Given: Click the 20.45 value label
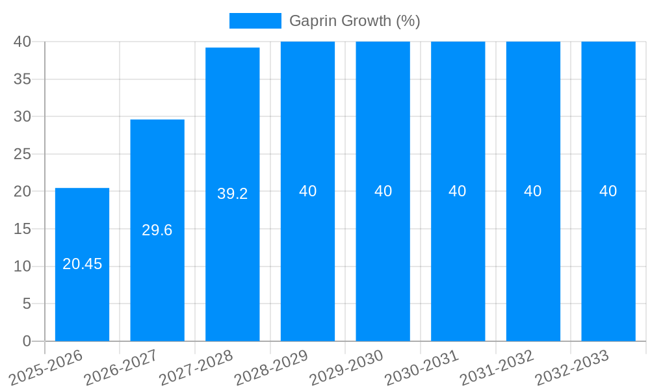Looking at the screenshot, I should pyautogui.click(x=82, y=264).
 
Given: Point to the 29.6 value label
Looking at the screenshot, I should pyautogui.click(x=157, y=230).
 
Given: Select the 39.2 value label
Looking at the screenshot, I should pyautogui.click(x=233, y=194).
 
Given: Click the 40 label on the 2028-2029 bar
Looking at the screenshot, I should pyautogui.click(x=307, y=191).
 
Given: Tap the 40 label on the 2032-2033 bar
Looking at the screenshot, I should pyautogui.click(x=608, y=191).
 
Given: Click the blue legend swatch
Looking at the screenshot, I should pyautogui.click(x=255, y=21).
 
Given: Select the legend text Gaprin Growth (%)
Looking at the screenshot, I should pyautogui.click(x=354, y=21).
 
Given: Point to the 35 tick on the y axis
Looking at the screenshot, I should pyautogui.click(x=22, y=79).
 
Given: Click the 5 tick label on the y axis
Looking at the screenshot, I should pyautogui.click(x=27, y=304).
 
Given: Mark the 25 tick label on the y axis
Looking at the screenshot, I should pyautogui.click(x=22, y=154).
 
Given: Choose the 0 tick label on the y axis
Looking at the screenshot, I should pyautogui.click(x=27, y=341).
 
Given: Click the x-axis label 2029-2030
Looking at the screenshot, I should pyautogui.click(x=346, y=367).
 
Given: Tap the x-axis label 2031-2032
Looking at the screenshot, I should pyautogui.click(x=497, y=367).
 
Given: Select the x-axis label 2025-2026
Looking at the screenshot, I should pyautogui.click(x=46, y=367).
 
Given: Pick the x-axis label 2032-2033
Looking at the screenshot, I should pyautogui.click(x=572, y=367).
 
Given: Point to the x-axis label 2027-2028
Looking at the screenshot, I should pyautogui.click(x=196, y=367).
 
